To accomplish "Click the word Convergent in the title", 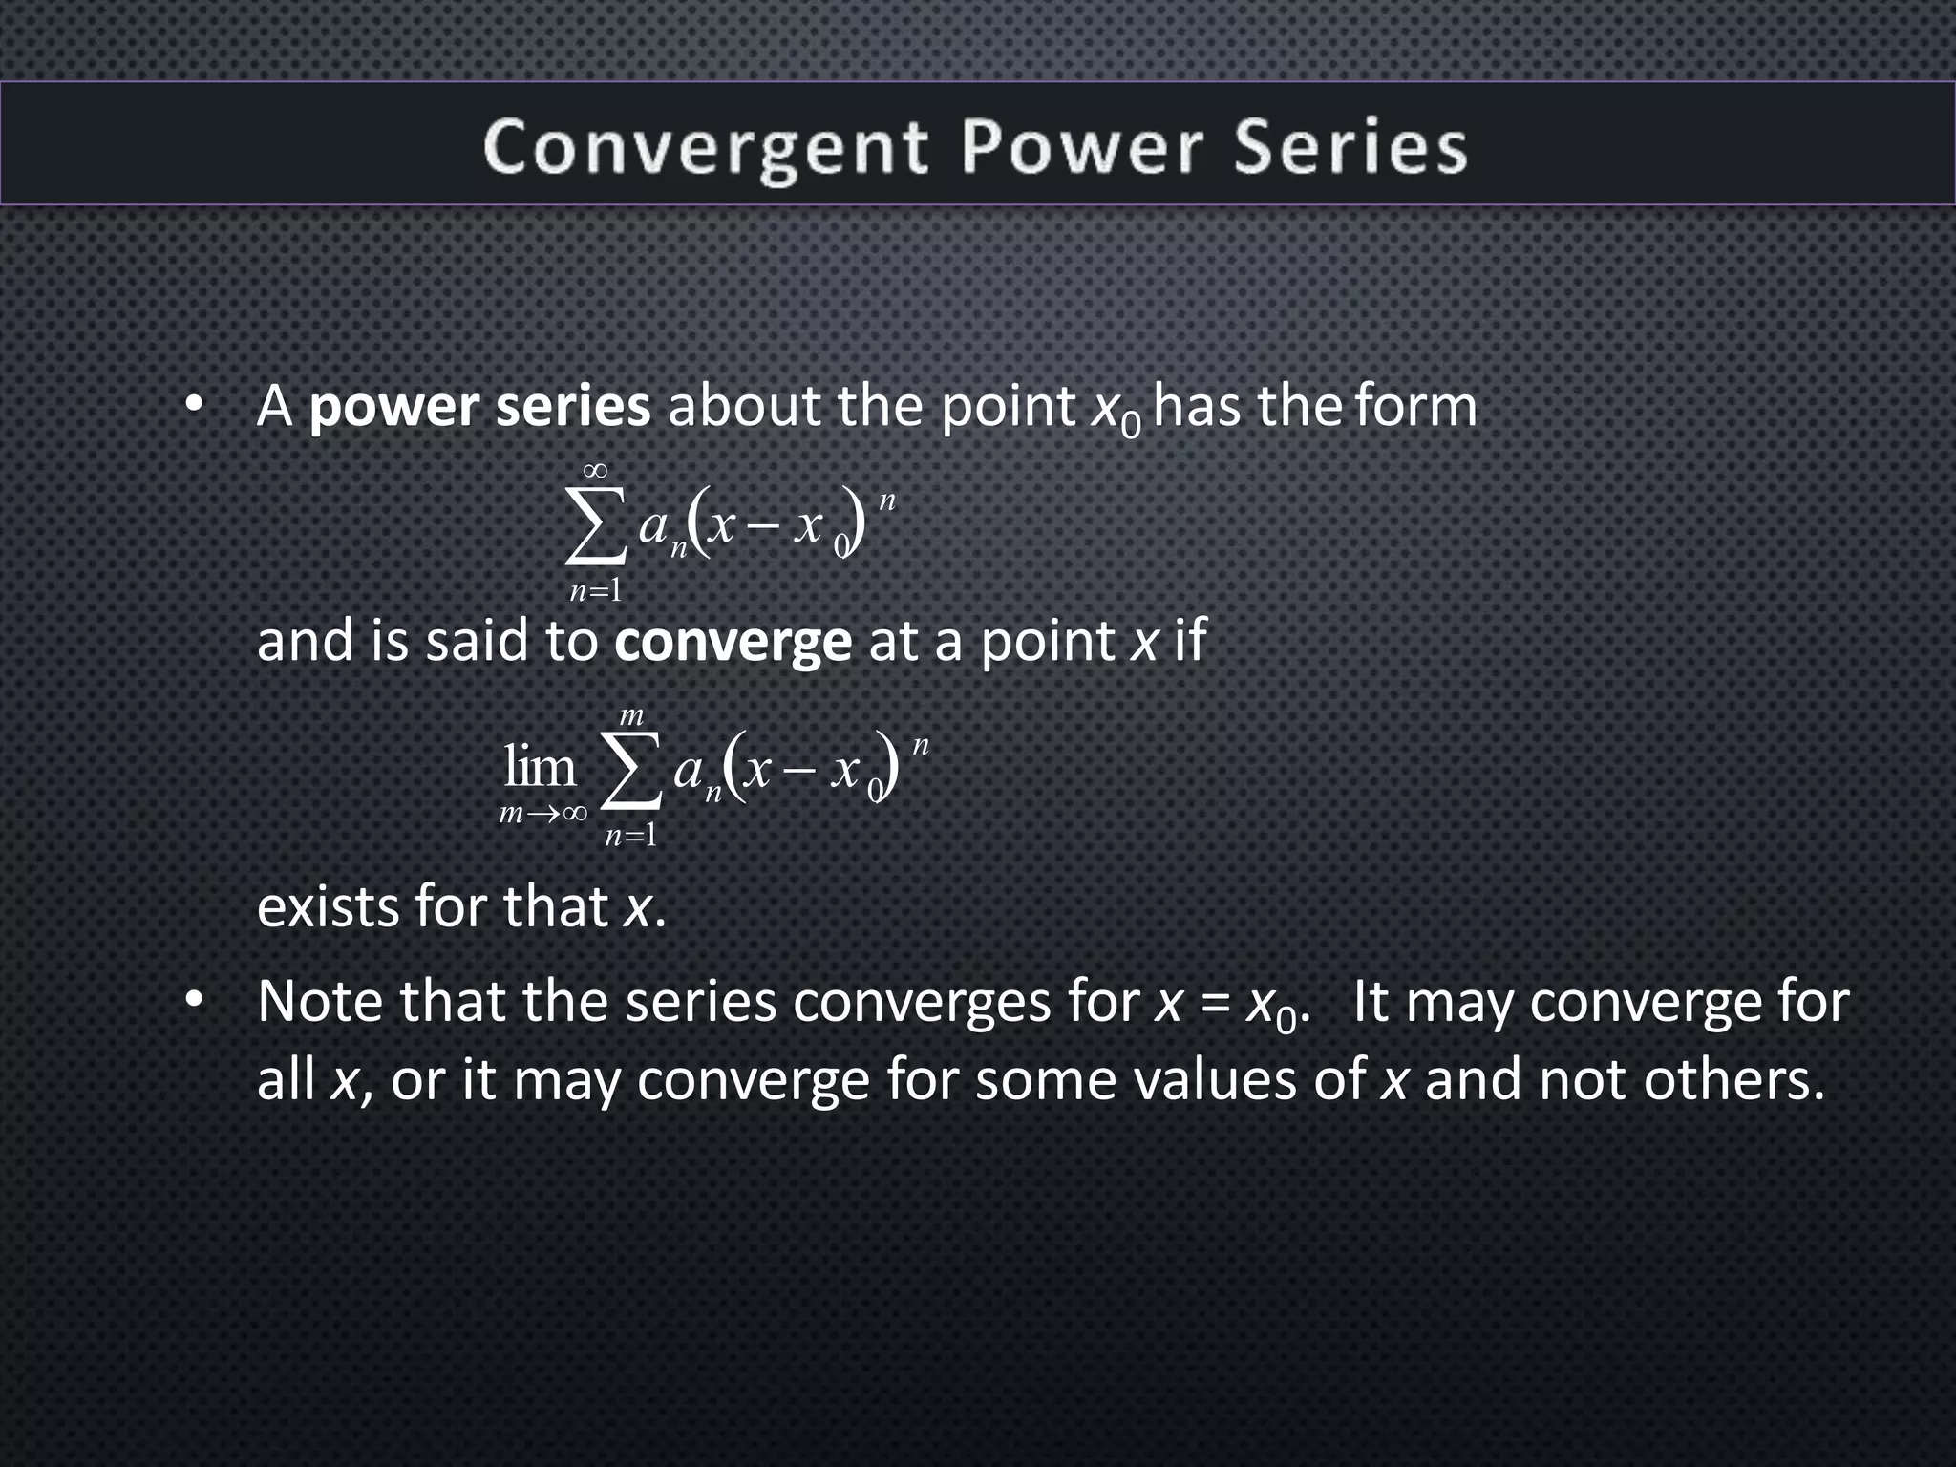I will click(705, 148).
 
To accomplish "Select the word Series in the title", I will click(1350, 148).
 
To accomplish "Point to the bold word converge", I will click(733, 641).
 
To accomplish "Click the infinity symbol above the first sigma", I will click(595, 470).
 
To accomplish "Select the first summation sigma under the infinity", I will click(595, 526).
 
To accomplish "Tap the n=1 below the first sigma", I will click(595, 591).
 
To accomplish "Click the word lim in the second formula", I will click(541, 767).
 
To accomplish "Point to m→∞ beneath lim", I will click(542, 814).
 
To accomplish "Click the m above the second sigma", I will click(631, 715).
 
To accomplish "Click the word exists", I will click(327, 906).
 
